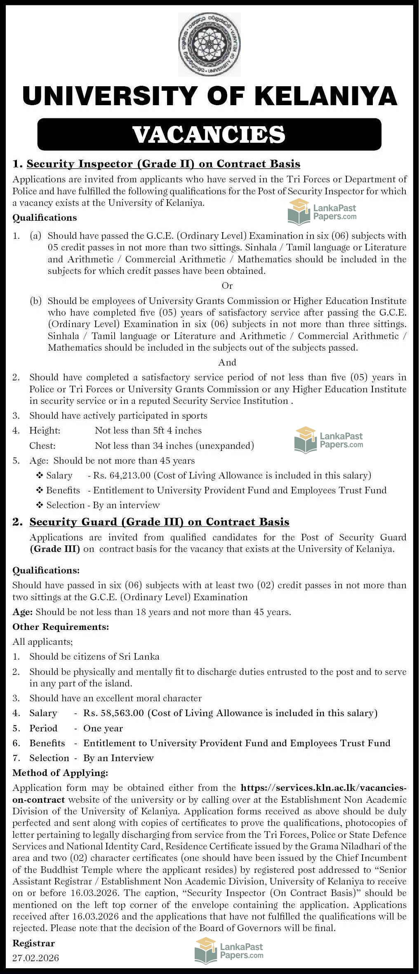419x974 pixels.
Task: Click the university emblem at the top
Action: pos(209,45)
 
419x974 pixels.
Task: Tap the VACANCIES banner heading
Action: pos(209,134)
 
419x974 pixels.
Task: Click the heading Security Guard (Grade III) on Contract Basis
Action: pos(159,522)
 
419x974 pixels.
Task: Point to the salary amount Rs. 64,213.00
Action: pos(122,475)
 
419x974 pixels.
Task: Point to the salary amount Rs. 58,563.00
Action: pos(113,713)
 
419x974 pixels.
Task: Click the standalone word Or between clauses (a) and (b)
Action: pos(227,285)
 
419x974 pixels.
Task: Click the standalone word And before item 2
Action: pos(227,362)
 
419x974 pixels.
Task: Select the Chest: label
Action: pos(42,446)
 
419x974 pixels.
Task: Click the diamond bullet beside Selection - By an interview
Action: pos(40,505)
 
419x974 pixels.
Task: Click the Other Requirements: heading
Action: pos(61,627)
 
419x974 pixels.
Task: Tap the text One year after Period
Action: pos(103,728)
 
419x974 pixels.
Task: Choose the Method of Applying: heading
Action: pos(60,773)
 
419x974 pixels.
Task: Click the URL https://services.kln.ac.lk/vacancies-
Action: pos(323,788)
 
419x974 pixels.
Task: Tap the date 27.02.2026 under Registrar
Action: pos(35,957)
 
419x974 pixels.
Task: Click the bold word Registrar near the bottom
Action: pos(33,943)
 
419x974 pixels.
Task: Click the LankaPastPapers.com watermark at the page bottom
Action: pos(228,950)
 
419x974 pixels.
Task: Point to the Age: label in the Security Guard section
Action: pos(23,612)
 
